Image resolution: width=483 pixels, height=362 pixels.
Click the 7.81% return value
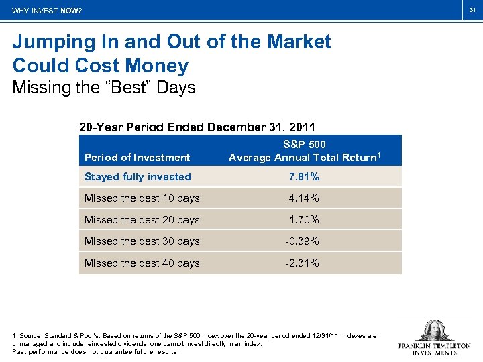point(304,177)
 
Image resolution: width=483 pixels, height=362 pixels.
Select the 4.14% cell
point(304,198)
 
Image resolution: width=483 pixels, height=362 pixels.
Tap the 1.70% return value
point(304,220)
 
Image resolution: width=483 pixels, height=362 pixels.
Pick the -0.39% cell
point(302,241)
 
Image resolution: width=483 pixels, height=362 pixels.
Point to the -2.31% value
point(302,263)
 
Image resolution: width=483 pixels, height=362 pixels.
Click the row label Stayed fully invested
point(138,177)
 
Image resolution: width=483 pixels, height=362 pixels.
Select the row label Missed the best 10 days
point(142,198)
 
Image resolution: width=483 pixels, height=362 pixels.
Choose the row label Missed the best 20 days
point(142,220)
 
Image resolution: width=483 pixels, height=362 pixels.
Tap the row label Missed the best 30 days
point(142,241)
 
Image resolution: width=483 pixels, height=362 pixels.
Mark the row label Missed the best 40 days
point(142,263)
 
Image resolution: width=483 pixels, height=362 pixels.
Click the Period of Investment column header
point(137,158)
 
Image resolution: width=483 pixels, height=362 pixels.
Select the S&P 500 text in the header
point(305,145)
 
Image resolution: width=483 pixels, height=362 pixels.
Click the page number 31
point(472,9)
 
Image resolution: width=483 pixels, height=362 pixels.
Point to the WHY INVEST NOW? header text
point(47,11)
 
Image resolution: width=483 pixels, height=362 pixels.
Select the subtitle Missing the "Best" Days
point(103,88)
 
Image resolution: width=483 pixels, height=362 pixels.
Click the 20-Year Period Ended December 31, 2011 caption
point(197,127)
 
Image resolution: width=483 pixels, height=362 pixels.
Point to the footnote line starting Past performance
point(95,351)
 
